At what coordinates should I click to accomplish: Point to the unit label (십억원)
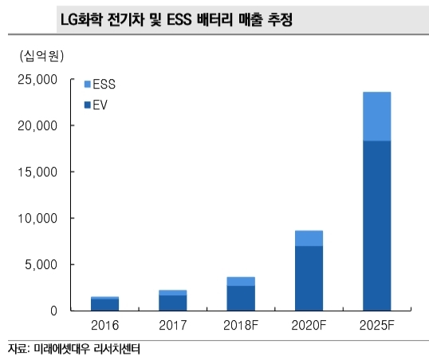(x=37, y=56)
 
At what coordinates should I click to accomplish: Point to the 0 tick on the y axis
(x=53, y=311)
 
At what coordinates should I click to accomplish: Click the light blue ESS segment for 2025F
(x=376, y=117)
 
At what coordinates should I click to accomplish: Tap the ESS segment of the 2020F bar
(x=309, y=238)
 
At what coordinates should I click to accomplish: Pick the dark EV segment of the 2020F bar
(x=309, y=279)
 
